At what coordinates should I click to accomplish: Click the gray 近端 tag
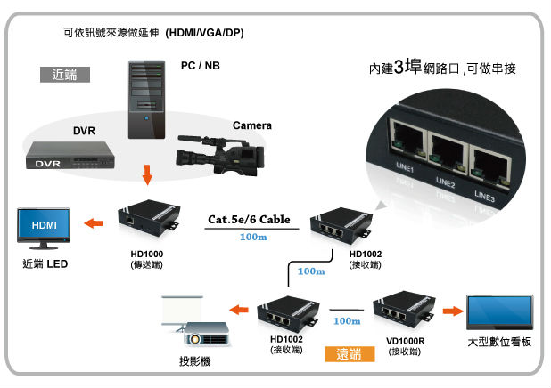(x=65, y=75)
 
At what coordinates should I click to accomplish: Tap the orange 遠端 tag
(x=348, y=354)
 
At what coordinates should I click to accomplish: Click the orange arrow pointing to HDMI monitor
(x=93, y=223)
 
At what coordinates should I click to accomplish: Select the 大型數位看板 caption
(x=498, y=344)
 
